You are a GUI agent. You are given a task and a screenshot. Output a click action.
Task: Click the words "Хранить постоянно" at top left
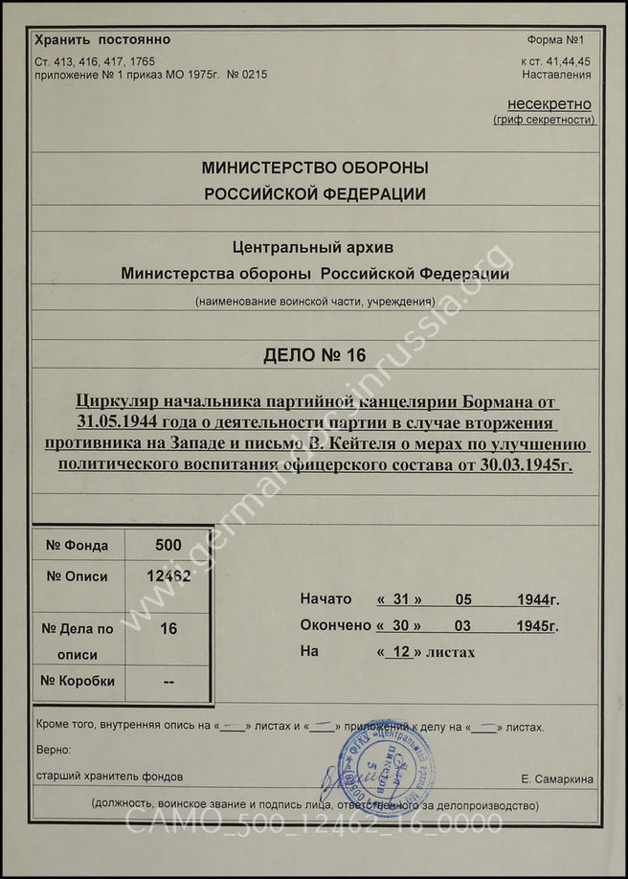point(102,40)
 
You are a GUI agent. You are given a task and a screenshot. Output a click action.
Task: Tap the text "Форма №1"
point(562,40)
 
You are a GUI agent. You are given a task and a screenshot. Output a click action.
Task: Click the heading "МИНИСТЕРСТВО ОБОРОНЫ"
point(315,168)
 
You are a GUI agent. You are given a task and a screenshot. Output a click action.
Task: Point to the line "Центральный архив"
point(315,248)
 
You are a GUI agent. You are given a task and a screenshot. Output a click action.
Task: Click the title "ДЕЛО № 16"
point(315,356)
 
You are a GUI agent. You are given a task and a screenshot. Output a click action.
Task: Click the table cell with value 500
point(168,545)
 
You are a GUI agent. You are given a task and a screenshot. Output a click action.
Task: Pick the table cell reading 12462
point(168,576)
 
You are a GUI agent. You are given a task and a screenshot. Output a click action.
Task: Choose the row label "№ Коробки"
point(78,681)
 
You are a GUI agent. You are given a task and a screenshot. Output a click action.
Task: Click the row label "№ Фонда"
point(78,545)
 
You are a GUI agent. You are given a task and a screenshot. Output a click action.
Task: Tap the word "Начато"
point(325,599)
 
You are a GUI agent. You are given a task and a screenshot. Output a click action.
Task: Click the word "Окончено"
point(335,625)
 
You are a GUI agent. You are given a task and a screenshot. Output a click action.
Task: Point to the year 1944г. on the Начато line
point(537,599)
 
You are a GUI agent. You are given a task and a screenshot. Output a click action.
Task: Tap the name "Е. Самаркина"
point(557,778)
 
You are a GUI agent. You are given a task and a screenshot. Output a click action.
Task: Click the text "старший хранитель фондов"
point(109,776)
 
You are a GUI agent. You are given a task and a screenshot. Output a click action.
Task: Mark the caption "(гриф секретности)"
point(544,120)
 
